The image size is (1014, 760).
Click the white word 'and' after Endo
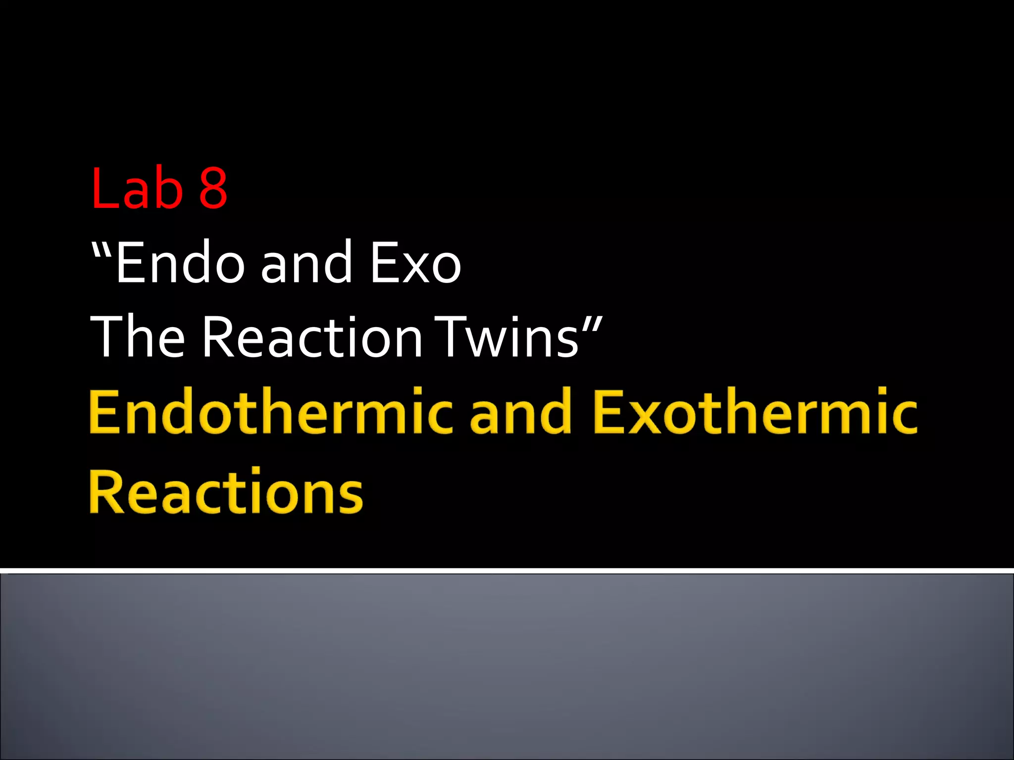(x=306, y=263)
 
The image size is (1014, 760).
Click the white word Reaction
(x=312, y=337)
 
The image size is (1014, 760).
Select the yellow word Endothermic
(x=270, y=412)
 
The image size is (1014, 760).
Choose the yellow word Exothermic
(x=755, y=412)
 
